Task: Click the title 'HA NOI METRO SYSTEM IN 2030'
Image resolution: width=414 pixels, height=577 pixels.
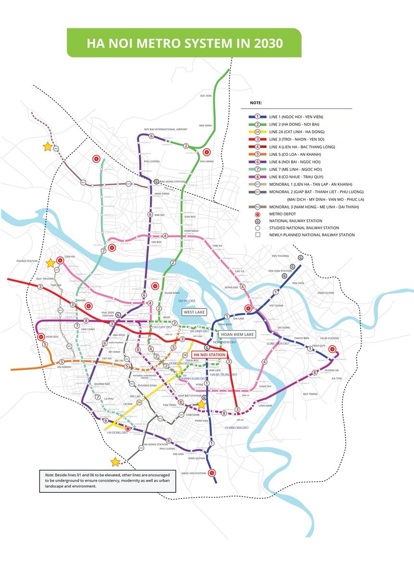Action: tap(184, 43)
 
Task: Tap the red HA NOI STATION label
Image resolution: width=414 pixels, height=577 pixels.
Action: tap(209, 354)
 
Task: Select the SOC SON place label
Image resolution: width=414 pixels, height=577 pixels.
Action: tap(206, 96)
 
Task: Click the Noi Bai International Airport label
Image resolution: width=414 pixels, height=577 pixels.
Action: tap(166, 129)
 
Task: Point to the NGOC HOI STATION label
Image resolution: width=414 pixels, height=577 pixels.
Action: tap(194, 473)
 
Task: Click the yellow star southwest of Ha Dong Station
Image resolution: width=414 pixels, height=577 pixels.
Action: tap(115, 462)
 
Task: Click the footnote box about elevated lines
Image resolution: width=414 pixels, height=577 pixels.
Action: tap(108, 480)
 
